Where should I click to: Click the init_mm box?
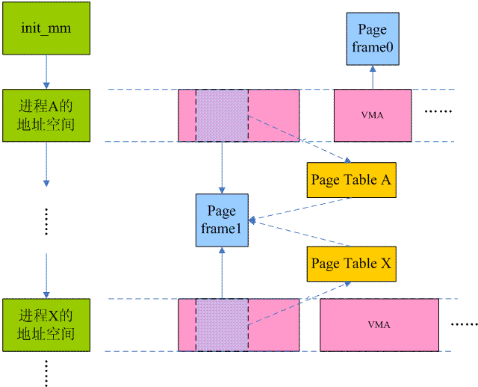[46, 28]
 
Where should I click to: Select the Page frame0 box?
[373, 39]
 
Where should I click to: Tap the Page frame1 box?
[222, 220]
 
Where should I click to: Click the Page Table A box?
[352, 180]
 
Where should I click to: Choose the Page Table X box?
[352, 264]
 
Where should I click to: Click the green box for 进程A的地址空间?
[46, 115]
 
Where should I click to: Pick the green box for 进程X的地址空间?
[46, 325]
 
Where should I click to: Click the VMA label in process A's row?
[373, 115]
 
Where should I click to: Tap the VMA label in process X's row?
[379, 324]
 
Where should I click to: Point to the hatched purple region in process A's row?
[222, 115]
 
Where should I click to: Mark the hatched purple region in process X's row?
[222, 325]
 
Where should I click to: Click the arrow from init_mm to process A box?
[46, 72]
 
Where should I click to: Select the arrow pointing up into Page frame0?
[373, 77]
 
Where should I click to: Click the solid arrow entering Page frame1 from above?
[222, 168]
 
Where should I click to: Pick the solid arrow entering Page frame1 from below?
[222, 273]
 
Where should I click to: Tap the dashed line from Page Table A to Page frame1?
[300, 209]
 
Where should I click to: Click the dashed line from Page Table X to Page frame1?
[300, 233]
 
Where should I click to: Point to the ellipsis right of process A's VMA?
[438, 111]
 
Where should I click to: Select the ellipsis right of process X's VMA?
[465, 324]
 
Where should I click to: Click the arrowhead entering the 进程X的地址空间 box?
[46, 295]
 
